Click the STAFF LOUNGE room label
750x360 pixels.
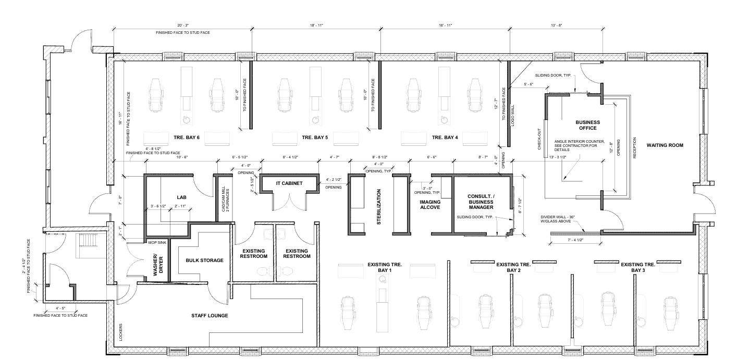click(x=210, y=316)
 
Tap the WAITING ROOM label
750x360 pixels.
click(x=665, y=145)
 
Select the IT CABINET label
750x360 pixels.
click(x=289, y=183)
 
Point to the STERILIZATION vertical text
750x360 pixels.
click(x=379, y=207)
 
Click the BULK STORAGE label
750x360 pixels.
click(x=205, y=260)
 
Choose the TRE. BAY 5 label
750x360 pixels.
click(x=315, y=138)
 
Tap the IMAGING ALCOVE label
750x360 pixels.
click(x=430, y=204)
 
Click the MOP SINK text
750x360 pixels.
click(x=157, y=242)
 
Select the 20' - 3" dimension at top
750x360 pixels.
click(x=183, y=26)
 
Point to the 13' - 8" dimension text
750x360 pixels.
click(x=557, y=26)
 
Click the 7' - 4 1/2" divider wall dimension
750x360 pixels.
click(x=576, y=240)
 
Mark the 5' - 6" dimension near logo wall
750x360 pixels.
click(x=528, y=84)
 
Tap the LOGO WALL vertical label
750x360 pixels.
click(x=513, y=116)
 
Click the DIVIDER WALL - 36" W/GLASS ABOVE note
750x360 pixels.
click(x=558, y=219)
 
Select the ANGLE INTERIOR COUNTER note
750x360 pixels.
click(x=580, y=145)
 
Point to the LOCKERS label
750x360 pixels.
click(x=121, y=332)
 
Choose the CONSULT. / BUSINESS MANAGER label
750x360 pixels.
click(x=481, y=202)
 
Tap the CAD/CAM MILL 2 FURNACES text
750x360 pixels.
click(x=225, y=199)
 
